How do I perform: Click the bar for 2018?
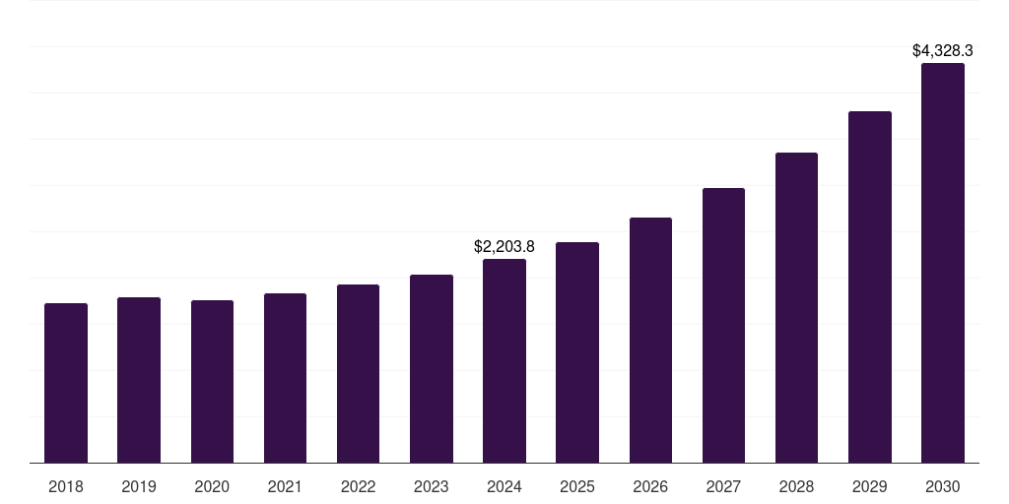pos(66,383)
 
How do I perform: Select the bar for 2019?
pos(139,380)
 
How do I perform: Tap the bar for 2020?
pos(212,382)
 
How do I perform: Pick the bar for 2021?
pos(285,378)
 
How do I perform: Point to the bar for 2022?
pos(358,374)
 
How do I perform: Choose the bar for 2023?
pos(432,369)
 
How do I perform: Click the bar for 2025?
pos(577,352)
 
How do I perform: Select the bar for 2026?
pos(650,341)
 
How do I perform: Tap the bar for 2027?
pos(723,326)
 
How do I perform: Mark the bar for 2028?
pos(796,308)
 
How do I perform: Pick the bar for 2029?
pos(869,287)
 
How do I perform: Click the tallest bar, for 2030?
pos(943,263)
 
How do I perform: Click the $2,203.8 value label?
pos(504,246)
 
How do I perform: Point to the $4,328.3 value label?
pos(943,50)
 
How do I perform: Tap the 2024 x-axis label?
pos(504,487)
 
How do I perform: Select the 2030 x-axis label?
pos(943,487)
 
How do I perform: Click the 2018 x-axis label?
pos(66,487)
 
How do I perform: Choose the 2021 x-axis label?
pos(285,487)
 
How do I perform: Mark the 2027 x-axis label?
pos(723,487)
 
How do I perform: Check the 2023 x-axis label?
pos(432,487)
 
